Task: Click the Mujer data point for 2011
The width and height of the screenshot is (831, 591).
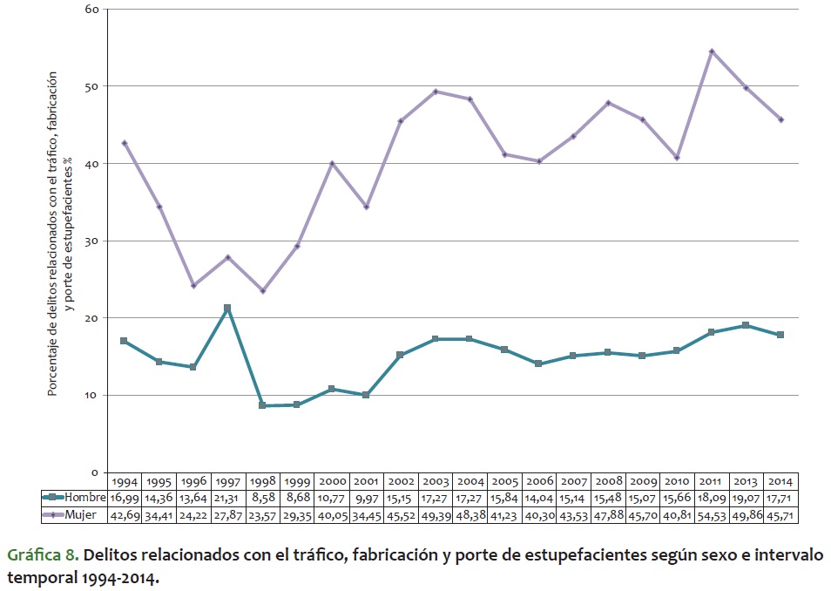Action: pyautogui.click(x=712, y=51)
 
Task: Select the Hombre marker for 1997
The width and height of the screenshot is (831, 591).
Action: pyautogui.click(x=227, y=308)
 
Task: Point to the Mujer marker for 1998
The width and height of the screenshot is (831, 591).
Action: pyautogui.click(x=262, y=290)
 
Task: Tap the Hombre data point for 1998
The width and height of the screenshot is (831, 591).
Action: pyautogui.click(x=262, y=405)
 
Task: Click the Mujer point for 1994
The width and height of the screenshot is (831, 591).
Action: pyautogui.click(x=124, y=143)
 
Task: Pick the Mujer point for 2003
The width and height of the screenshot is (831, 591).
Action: pyautogui.click(x=435, y=92)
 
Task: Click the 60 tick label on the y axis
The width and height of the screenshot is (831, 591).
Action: pyautogui.click(x=91, y=10)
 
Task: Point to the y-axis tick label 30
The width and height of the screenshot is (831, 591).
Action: pyautogui.click(x=91, y=241)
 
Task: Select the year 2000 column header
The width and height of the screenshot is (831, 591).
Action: pyautogui.click(x=331, y=481)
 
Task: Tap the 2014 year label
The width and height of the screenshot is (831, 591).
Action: pyautogui.click(x=780, y=481)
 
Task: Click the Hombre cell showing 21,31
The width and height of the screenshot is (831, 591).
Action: pyautogui.click(x=227, y=498)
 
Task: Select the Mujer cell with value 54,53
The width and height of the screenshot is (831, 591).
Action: pyautogui.click(x=712, y=514)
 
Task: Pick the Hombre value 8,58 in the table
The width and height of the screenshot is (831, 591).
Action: pyautogui.click(x=262, y=498)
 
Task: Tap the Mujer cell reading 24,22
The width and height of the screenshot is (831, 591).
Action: pyautogui.click(x=193, y=514)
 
